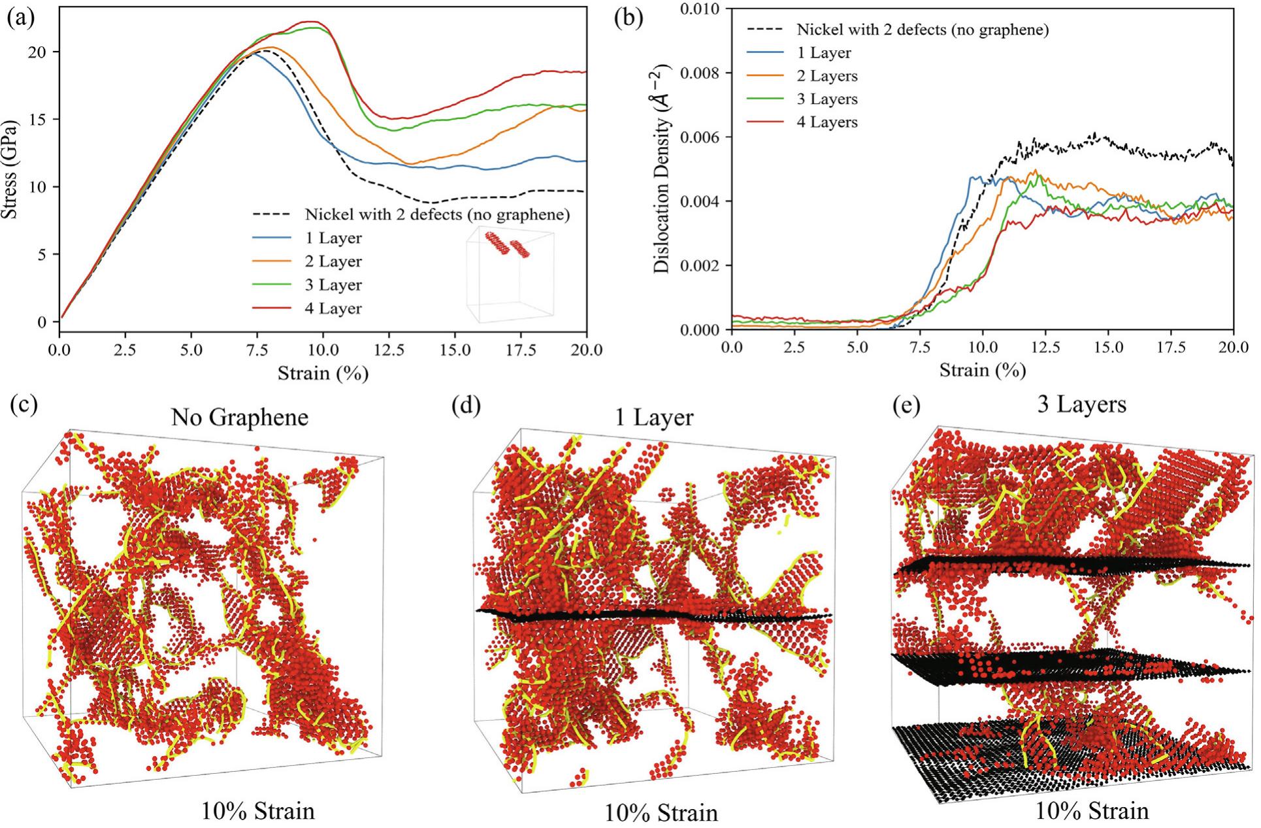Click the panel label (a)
[x=21, y=18]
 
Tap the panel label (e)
[x=907, y=406]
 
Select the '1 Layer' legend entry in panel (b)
[x=824, y=53]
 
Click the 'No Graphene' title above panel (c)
[x=239, y=417]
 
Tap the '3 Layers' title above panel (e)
[x=1081, y=405]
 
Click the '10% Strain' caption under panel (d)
[x=661, y=813]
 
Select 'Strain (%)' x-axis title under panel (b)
[x=982, y=371]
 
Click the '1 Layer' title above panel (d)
[x=654, y=417]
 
